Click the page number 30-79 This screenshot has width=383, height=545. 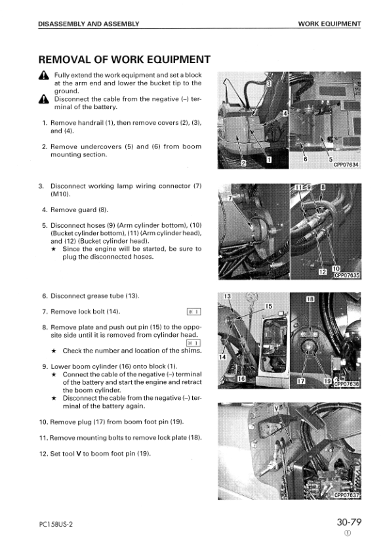coord(349,522)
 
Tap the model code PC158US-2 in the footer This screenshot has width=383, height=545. coord(56,525)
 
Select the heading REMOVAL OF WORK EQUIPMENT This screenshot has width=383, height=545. coord(125,60)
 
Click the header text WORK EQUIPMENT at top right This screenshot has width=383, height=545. coord(329,24)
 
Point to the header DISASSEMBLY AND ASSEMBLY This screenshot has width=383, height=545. coord(89,24)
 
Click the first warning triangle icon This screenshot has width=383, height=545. coord(44,76)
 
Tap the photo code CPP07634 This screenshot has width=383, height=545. coord(346,165)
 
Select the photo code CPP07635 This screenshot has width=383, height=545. coord(347,276)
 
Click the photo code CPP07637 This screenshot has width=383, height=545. coord(346,495)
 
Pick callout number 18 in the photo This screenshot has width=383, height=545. coord(310,299)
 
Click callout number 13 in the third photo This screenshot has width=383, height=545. coord(227,297)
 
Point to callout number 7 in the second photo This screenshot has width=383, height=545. coord(230,198)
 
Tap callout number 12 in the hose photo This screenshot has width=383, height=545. coord(323,272)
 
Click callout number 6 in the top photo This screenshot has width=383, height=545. coord(305,159)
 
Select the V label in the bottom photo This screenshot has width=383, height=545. coord(276,408)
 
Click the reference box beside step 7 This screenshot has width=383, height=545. coord(193,311)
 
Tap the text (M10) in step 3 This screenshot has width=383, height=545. coord(60,194)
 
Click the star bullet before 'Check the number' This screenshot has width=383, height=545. coord(54,351)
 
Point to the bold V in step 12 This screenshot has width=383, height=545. coord(79,454)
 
